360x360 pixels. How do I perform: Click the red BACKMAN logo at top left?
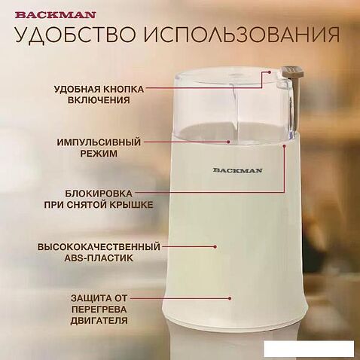[55, 15]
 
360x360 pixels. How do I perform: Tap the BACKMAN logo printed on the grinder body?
[237, 170]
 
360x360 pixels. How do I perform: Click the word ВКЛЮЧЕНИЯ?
[99, 100]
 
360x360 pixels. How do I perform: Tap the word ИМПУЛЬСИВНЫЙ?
[99, 142]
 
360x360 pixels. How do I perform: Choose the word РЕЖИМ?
[99, 154]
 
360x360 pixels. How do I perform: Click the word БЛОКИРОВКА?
[99, 194]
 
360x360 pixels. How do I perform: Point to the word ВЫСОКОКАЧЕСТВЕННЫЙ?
[99, 247]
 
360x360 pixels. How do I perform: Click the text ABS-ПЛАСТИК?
[99, 258]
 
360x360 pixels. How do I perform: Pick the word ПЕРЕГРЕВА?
[99, 310]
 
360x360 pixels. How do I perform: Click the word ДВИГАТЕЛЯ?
[99, 321]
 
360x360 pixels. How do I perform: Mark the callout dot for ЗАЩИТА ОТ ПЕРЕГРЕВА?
[230, 298]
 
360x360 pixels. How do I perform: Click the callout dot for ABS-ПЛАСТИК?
[215, 247]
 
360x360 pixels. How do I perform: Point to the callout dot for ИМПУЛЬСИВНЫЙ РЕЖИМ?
[228, 142]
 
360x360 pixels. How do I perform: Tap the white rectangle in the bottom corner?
[309, 349]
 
